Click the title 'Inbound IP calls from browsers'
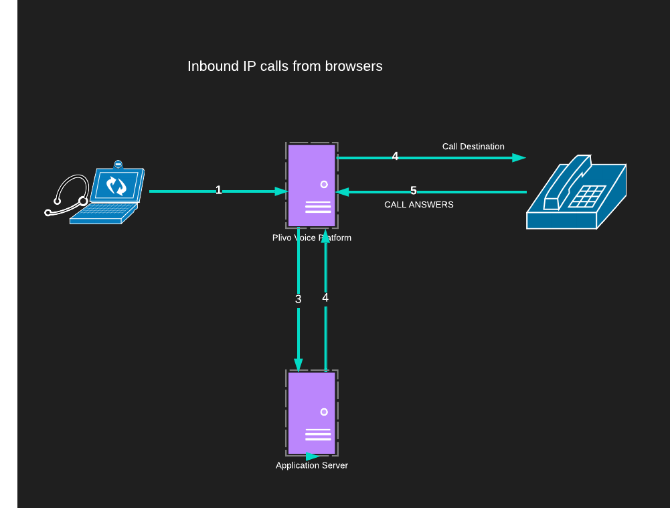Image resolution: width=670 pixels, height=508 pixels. tap(284, 66)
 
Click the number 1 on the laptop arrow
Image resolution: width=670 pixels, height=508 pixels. tap(218, 190)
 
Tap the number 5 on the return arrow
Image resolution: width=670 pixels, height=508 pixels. tap(413, 191)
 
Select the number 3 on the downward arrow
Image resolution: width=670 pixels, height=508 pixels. tap(299, 299)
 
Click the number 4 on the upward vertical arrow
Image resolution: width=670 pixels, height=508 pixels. tap(325, 298)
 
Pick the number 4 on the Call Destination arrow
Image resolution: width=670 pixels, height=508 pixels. tap(395, 156)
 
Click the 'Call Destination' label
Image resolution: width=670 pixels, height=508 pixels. tap(473, 147)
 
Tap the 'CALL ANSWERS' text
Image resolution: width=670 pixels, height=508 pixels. tap(418, 205)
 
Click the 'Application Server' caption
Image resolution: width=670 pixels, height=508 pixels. tap(312, 465)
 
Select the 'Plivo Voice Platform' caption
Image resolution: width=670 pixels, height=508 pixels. tap(311, 238)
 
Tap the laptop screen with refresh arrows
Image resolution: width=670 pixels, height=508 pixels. tap(117, 186)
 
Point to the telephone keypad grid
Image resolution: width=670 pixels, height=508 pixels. tap(585, 197)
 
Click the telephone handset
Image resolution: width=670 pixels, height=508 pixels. tap(566, 181)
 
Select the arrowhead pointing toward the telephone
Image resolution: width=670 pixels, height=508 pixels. tap(519, 158)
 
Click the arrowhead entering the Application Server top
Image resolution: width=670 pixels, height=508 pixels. tap(299, 364)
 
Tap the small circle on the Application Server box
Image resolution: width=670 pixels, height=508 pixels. tap(324, 412)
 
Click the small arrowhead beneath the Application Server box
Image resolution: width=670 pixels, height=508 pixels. tap(313, 456)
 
